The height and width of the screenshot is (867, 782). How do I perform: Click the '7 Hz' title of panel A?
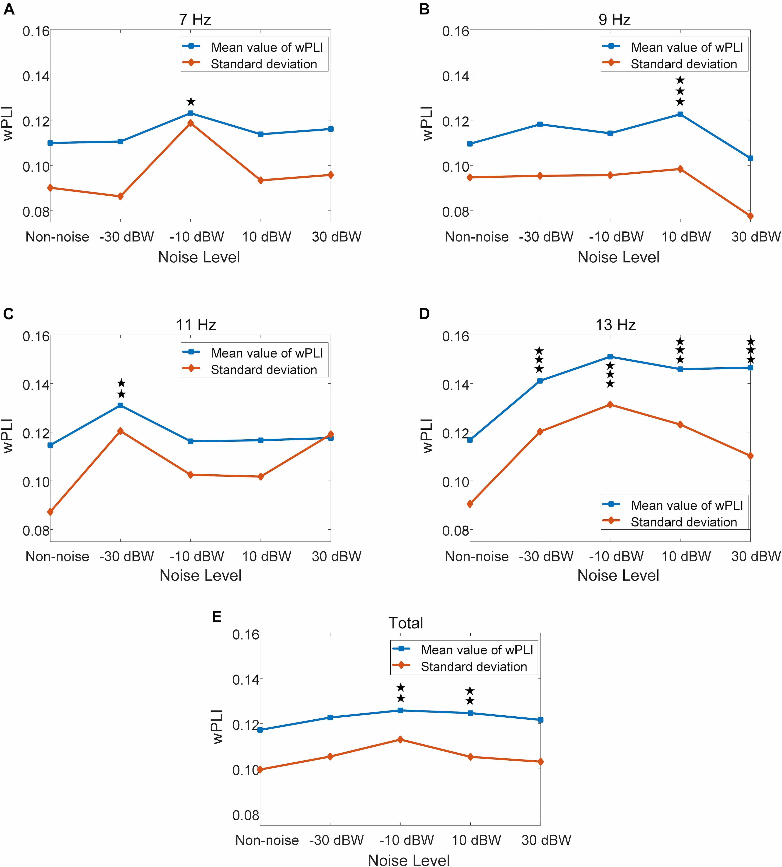[x=195, y=20]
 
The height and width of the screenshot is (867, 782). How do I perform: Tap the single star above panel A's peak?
[x=191, y=102]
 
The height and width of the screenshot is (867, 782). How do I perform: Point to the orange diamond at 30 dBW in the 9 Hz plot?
[x=750, y=216]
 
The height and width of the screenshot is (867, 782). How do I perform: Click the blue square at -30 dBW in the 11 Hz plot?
[x=120, y=405]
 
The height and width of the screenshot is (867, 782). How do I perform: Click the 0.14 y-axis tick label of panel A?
[x=36, y=77]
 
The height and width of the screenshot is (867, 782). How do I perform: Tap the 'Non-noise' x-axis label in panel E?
[x=267, y=840]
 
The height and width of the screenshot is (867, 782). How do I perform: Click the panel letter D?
[x=424, y=314]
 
